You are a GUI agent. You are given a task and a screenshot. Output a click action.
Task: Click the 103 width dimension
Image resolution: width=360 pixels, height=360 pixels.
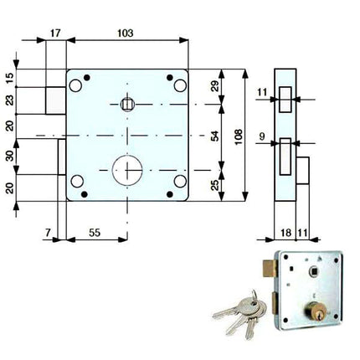tap(126, 33)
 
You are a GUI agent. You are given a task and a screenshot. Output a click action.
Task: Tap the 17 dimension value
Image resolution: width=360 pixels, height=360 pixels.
tap(54, 33)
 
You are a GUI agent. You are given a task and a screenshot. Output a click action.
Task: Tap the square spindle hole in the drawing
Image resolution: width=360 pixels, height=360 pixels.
tap(128, 104)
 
